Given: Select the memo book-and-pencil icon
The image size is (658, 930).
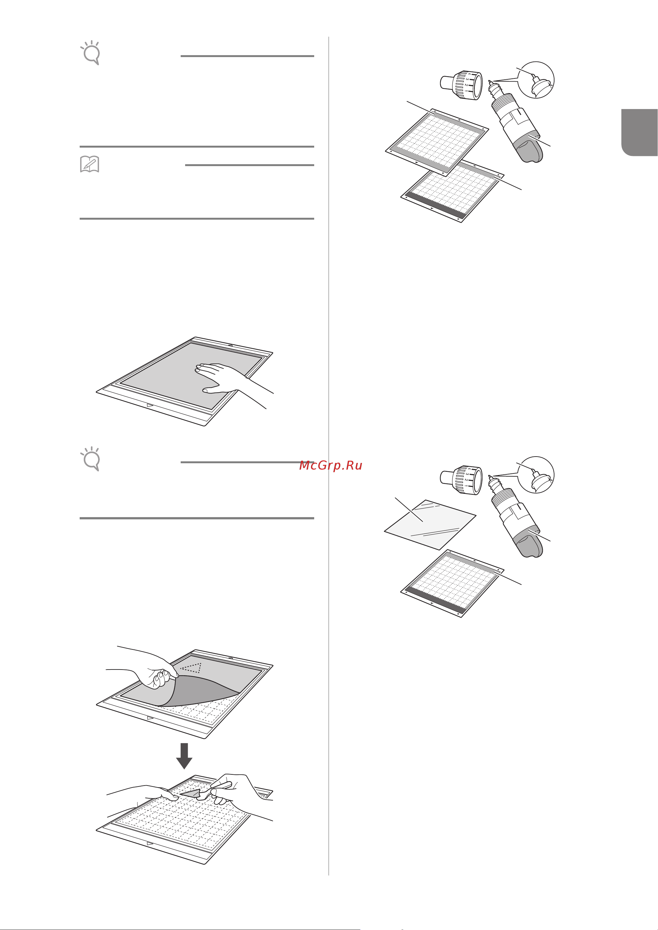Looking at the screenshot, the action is click(x=90, y=164).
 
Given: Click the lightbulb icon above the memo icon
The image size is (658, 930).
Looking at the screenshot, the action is click(x=91, y=53).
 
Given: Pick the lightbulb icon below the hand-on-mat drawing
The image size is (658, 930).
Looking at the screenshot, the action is click(x=91, y=459).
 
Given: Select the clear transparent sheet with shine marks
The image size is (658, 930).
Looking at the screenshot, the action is click(x=430, y=524).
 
